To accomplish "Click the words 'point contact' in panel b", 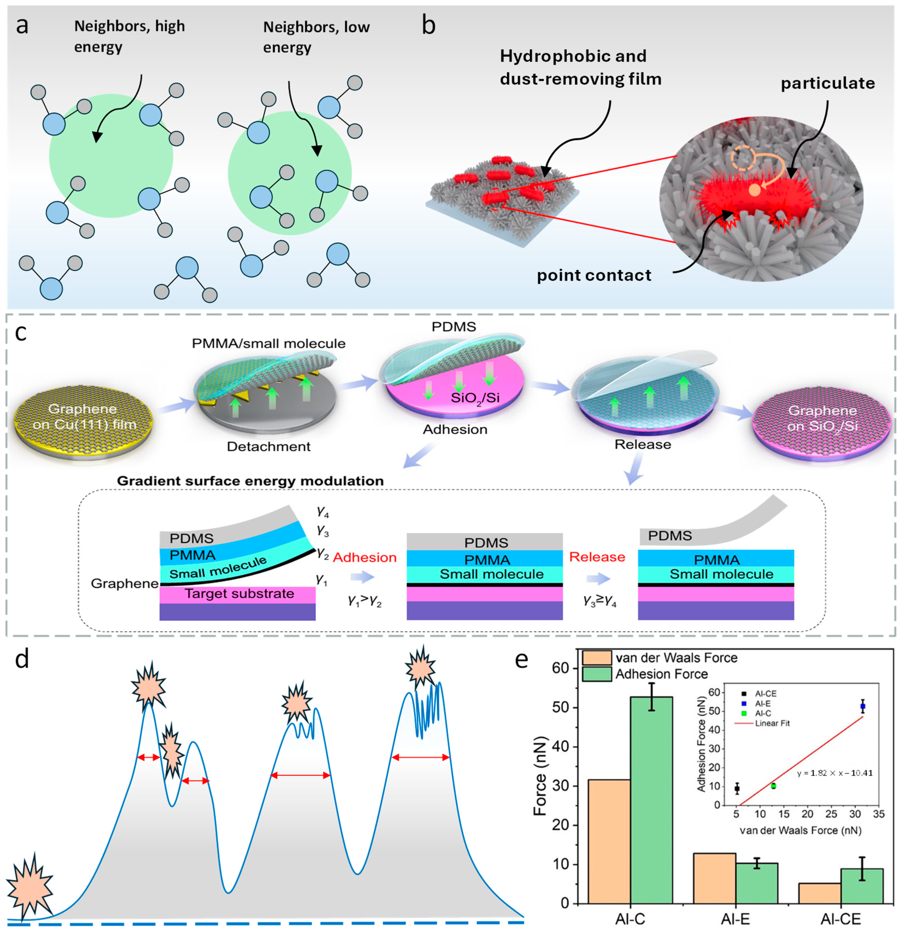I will click(594, 276).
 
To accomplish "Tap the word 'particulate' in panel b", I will click(827, 84).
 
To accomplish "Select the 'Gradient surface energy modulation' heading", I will click(250, 481).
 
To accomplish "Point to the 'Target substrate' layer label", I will click(239, 594).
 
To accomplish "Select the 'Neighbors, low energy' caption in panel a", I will click(316, 37).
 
